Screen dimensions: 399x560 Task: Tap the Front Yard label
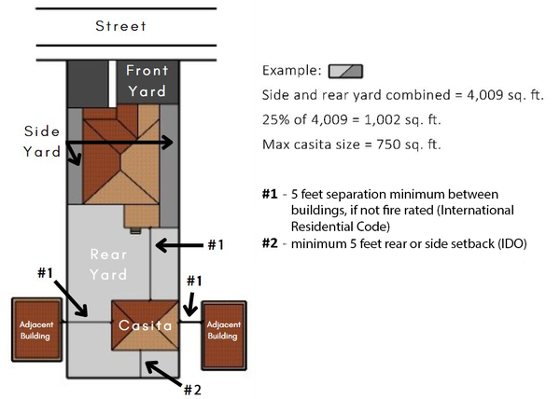pyautogui.click(x=147, y=81)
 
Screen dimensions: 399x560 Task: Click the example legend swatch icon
pyautogui.click(x=346, y=71)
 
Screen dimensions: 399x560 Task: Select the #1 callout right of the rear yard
pyautogui.click(x=216, y=244)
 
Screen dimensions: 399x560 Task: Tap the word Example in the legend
pyautogui.click(x=291, y=71)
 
